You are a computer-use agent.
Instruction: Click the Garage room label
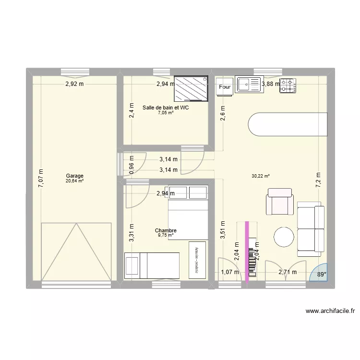74,176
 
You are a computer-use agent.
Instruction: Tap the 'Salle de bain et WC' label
166,108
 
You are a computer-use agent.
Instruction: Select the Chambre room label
166,231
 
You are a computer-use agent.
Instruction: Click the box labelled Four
225,87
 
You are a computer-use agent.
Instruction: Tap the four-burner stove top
288,85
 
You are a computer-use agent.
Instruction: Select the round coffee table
284,237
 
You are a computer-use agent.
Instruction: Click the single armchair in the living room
280,201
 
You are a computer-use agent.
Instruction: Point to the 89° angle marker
321,275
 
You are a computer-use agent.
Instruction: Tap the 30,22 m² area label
260,176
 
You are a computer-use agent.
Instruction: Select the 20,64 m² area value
74,181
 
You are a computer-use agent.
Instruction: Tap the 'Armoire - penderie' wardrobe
197,259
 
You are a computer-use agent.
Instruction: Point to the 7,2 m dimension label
317,179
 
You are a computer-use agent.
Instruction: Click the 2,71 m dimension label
288,273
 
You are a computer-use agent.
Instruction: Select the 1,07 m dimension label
229,273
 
